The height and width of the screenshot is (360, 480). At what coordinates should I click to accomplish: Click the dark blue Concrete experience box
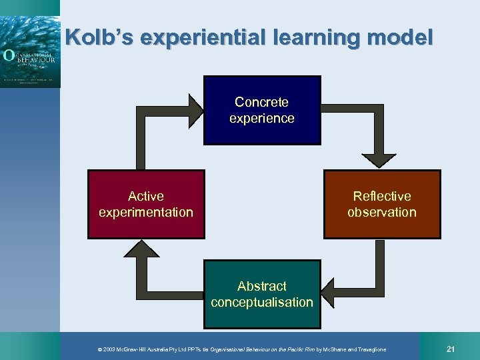pyautogui.click(x=262, y=111)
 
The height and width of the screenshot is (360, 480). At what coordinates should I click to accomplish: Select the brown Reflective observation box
pyautogui.click(x=382, y=205)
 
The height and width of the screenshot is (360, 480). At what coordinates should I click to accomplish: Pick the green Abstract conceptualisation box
pyautogui.click(x=262, y=295)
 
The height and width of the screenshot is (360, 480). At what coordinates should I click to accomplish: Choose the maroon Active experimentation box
pyautogui.click(x=146, y=205)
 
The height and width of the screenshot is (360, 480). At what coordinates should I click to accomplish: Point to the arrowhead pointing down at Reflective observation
pyautogui.click(x=381, y=159)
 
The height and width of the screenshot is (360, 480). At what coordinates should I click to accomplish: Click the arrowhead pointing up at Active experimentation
pyautogui.click(x=138, y=249)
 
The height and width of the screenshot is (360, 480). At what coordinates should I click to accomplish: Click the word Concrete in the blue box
pyautogui.click(x=262, y=103)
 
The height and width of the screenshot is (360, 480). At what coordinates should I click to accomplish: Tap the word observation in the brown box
pyautogui.click(x=382, y=213)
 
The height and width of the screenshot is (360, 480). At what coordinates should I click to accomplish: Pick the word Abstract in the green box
pyautogui.click(x=262, y=287)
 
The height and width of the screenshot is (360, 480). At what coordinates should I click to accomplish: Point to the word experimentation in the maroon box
pyautogui.click(x=146, y=213)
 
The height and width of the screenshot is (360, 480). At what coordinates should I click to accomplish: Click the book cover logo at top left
pyautogui.click(x=30, y=44)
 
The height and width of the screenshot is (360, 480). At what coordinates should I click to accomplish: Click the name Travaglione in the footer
pyautogui.click(x=369, y=350)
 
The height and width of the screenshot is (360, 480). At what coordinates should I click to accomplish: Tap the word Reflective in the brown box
pyautogui.click(x=382, y=197)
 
